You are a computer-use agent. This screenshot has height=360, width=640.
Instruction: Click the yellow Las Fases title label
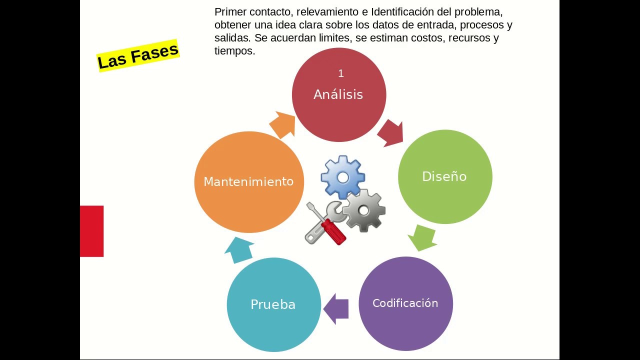pos(137,55)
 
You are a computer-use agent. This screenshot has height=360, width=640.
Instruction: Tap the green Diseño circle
pos(444,176)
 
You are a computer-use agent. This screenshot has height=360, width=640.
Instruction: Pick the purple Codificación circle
pos(405,303)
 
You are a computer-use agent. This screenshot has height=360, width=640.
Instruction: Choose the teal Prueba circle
pos(273,304)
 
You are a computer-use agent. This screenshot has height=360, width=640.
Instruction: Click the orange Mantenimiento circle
pos(248,182)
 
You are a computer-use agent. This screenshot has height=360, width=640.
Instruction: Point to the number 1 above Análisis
pos(341,74)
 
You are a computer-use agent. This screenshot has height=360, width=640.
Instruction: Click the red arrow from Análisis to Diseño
pos(390,132)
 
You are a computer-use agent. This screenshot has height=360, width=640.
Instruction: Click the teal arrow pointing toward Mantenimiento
pos(239,249)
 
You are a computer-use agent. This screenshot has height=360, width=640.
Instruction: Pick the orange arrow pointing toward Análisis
pos(283,125)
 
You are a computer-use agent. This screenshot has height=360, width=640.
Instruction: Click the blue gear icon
pos(342,177)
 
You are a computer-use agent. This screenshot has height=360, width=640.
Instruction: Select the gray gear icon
pos(364,210)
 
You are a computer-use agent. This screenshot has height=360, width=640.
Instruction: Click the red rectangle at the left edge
pos(92,231)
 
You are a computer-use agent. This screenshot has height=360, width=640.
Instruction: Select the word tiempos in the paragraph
pos(234,51)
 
